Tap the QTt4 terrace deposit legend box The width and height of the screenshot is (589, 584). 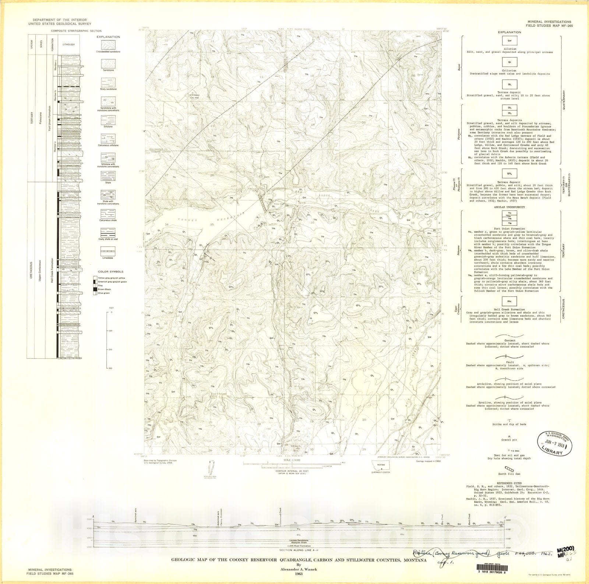tap(510, 173)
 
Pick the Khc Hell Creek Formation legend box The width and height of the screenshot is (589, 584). tap(510, 301)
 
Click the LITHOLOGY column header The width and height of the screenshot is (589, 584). tap(68, 45)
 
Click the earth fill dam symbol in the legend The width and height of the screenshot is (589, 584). tap(510, 468)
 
